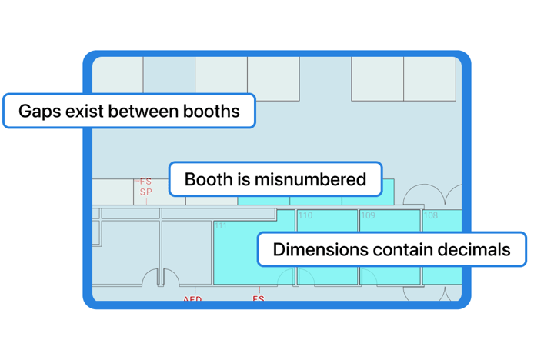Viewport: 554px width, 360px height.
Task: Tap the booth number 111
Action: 221,225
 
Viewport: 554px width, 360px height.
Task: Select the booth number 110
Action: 305,216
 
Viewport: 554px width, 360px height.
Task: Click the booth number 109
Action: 368,216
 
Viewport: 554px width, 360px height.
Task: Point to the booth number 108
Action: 430,216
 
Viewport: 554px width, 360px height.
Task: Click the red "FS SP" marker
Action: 145,187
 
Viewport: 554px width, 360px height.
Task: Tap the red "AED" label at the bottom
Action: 192,298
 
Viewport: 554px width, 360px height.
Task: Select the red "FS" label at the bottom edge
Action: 259,298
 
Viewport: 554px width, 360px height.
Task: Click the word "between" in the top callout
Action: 144,111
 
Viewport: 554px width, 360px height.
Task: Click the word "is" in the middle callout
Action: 245,180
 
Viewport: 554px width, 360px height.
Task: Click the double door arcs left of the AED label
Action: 161,278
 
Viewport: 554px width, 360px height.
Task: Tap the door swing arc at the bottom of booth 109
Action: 368,276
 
